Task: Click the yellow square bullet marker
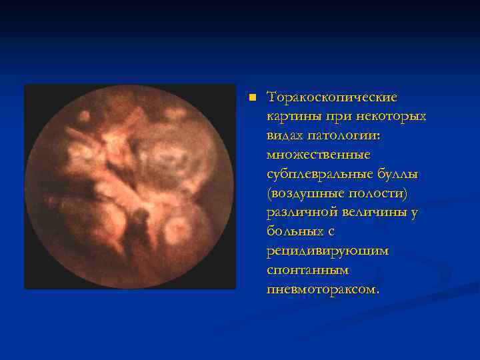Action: coord(251,97)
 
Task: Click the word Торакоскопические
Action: coord(331,97)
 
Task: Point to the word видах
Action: coord(283,135)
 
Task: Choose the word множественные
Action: coord(318,155)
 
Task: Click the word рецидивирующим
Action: coord(327,251)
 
